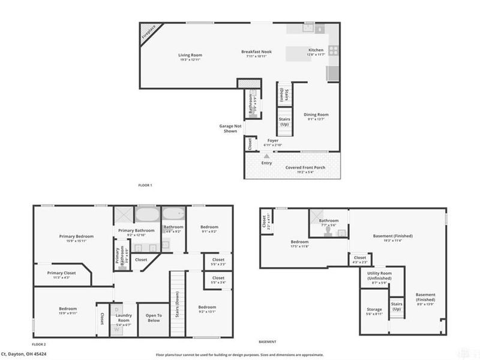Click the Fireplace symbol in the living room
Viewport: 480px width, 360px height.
pyautogui.click(x=148, y=32)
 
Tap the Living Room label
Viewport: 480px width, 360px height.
pyautogui.click(x=190, y=55)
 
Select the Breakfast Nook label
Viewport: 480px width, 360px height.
pyautogui.click(x=256, y=52)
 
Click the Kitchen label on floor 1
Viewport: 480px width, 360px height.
pyautogui.click(x=316, y=50)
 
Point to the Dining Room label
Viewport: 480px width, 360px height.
pyautogui.click(x=316, y=115)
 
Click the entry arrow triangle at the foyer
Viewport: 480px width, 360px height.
pyautogui.click(x=267, y=155)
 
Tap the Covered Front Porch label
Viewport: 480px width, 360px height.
pyautogui.click(x=305, y=167)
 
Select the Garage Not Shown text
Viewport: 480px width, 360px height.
pyautogui.click(x=231, y=128)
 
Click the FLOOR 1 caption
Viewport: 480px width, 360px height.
pyautogui.click(x=145, y=185)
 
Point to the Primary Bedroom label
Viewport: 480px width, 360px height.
pyautogui.click(x=76, y=236)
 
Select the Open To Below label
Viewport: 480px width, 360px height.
pyautogui.click(x=154, y=318)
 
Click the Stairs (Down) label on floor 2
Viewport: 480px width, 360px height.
pyautogui.click(x=178, y=305)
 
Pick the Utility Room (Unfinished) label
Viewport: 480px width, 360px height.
pyautogui.click(x=379, y=275)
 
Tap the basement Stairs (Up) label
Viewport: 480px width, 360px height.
pyautogui.click(x=397, y=307)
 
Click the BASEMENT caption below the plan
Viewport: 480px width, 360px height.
pyautogui.click(x=268, y=342)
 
